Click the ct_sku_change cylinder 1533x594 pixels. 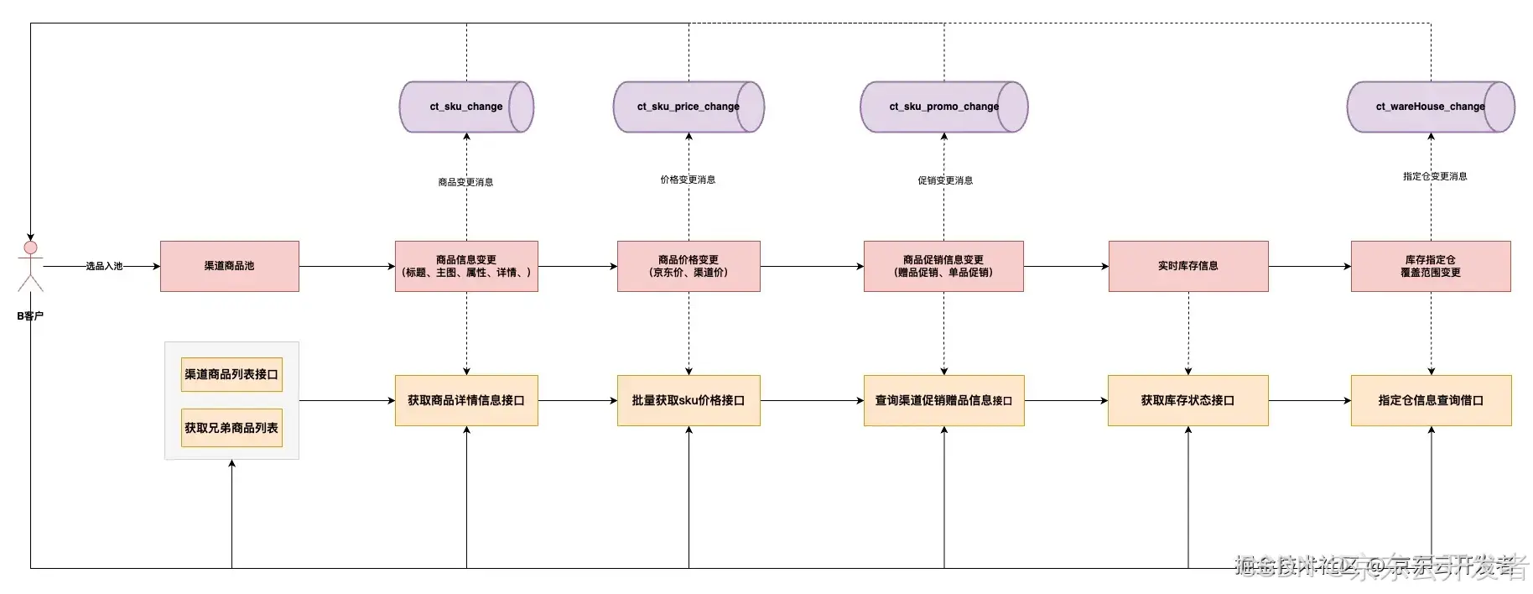465,107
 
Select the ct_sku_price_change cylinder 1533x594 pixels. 688,107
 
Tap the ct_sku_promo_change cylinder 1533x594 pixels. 943,107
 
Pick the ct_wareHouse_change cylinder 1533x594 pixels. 1430,107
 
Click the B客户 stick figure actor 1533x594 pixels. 30,267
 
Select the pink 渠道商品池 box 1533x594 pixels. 229,266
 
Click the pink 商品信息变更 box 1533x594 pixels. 466,266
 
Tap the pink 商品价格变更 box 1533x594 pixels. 689,266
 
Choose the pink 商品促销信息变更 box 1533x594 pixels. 943,266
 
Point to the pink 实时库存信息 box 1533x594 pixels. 1187,266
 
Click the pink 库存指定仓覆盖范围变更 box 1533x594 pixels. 1431,266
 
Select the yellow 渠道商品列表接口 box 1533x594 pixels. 231,374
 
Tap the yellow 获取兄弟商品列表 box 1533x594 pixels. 231,428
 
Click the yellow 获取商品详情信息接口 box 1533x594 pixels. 466,400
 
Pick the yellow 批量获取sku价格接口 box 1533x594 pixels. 689,400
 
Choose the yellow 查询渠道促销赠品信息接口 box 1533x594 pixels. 943,400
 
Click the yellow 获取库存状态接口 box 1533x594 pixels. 1187,400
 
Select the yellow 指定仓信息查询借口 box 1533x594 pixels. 1431,400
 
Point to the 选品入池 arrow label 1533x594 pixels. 104,266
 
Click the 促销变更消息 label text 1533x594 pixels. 945,180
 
